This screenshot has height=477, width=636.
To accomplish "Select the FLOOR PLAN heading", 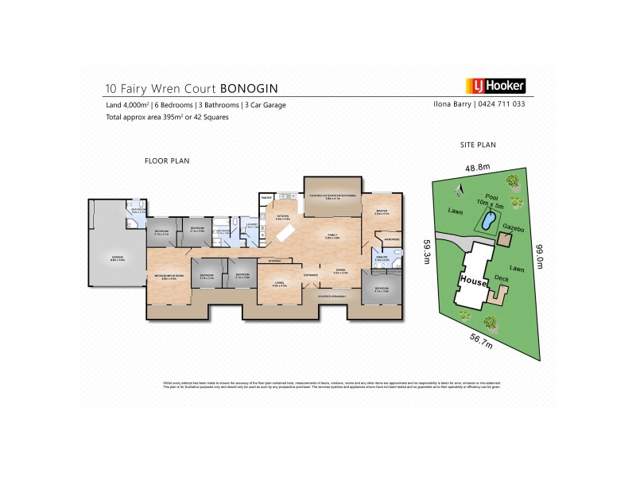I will tap(166, 161).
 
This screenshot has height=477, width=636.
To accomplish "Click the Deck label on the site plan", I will tap(501, 277).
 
